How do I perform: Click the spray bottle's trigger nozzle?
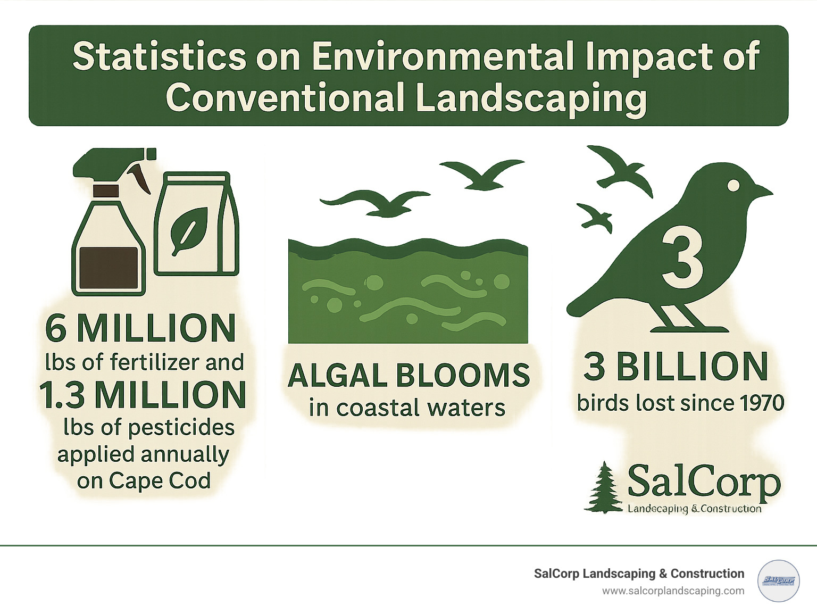coord(114,163)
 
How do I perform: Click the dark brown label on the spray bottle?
coord(109,268)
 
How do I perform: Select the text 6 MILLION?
coord(140,329)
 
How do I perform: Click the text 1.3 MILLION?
coord(143,395)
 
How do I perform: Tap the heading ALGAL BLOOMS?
coord(408,376)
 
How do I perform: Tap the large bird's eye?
coord(733,185)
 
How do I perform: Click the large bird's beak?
coord(762,191)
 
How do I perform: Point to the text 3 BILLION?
coord(676,367)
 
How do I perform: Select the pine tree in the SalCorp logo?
coord(604,488)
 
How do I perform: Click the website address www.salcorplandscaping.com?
coord(673,591)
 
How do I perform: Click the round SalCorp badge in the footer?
coord(778,580)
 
